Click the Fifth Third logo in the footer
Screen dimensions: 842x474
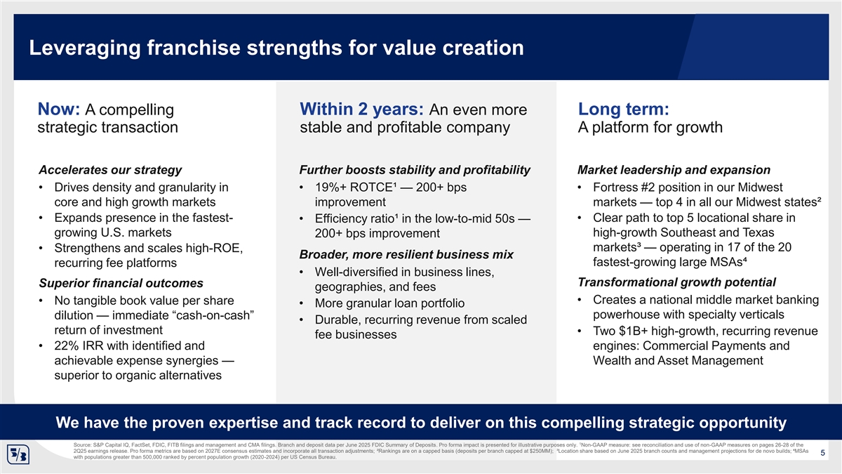pos(18,454)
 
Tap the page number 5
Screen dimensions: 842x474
pos(822,453)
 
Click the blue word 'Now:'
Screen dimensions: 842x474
pos(59,110)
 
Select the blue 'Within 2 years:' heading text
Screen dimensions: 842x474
pos(361,110)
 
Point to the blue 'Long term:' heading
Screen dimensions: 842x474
pos(624,110)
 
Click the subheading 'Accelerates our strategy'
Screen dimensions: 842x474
pos(110,170)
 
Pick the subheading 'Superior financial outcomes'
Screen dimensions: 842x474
pos(121,283)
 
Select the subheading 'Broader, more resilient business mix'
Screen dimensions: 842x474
pos(406,255)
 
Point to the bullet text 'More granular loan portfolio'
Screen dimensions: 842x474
pos(390,303)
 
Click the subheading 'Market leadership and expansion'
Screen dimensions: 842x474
pos(674,170)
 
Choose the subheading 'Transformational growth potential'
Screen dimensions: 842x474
pos(676,282)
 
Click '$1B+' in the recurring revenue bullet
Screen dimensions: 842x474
pos(634,331)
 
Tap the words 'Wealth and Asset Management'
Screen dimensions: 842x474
pos(678,361)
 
